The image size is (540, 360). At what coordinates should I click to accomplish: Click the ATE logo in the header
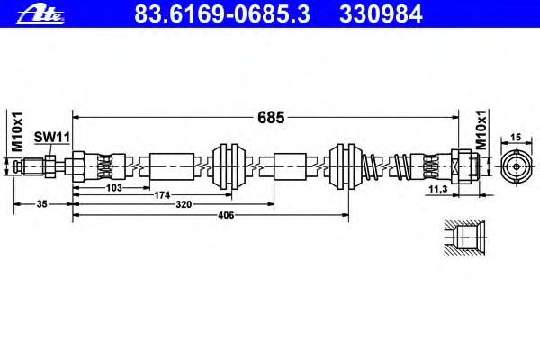40,14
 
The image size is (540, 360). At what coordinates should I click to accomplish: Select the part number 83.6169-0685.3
222,14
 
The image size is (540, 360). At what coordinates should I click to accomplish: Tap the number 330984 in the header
381,14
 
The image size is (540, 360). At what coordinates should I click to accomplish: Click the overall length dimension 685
271,118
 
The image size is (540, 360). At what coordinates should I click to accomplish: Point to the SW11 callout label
51,137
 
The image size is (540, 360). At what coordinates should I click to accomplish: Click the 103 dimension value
114,188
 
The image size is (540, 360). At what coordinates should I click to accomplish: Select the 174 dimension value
162,195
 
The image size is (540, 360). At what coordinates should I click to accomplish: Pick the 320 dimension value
184,204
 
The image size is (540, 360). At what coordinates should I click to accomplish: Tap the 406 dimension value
226,215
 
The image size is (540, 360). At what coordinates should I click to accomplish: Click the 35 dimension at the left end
41,204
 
